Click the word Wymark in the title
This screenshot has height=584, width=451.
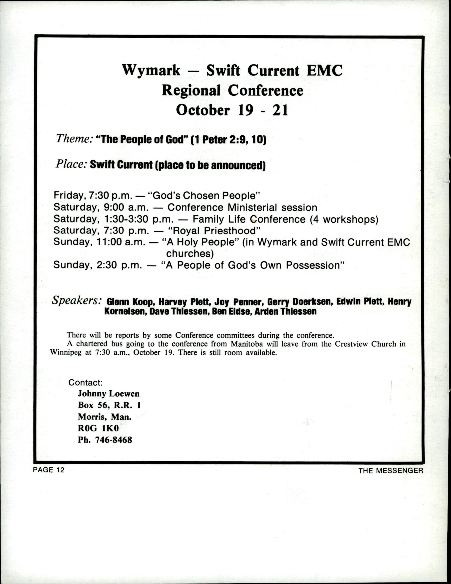tap(151, 71)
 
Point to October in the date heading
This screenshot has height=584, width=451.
tap(202, 110)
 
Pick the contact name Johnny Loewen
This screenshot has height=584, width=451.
tap(109, 394)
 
